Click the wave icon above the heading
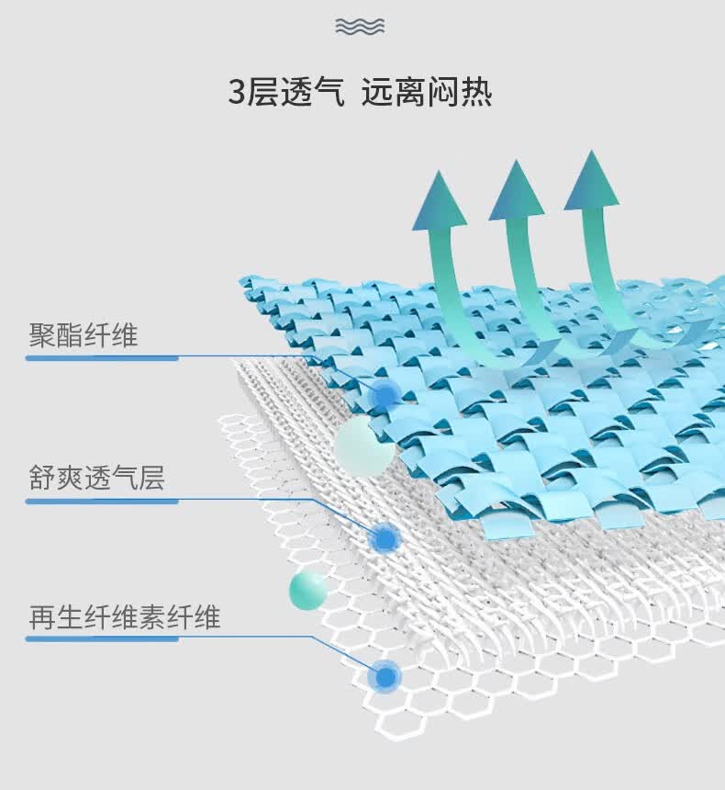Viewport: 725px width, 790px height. click(x=360, y=27)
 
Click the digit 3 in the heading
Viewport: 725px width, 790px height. click(x=237, y=92)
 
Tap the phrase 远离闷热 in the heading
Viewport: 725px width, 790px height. click(x=427, y=92)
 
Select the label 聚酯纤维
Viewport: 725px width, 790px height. click(x=84, y=334)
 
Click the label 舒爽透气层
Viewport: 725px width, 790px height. click(x=96, y=478)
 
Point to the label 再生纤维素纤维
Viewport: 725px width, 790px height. click(x=125, y=616)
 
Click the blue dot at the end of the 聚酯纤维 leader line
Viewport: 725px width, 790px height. click(x=385, y=396)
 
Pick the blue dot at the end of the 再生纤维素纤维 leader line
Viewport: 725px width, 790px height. click(x=385, y=677)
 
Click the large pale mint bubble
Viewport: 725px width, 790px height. click(x=364, y=446)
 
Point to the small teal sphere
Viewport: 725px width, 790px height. click(x=308, y=591)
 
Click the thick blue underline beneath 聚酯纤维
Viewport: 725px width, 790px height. click(x=102, y=358)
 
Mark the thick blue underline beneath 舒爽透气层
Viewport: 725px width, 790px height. click(x=102, y=502)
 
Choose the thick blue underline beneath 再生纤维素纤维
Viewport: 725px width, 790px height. click(x=102, y=638)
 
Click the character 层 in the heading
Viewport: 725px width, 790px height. click(x=262, y=92)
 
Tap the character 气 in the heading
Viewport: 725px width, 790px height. click(x=328, y=92)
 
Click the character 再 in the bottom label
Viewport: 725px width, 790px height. click(x=42, y=617)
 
